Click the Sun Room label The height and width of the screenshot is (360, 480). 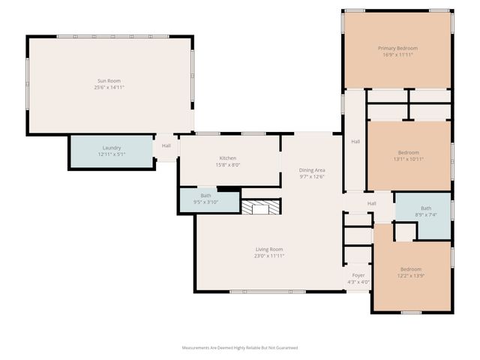click(109, 80)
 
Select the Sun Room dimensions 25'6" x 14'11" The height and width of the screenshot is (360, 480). click(109, 88)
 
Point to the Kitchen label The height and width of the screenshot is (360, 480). click(228, 158)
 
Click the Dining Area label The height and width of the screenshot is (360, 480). click(312, 170)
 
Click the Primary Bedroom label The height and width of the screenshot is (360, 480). click(397, 48)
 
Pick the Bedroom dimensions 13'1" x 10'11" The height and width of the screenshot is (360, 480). click(409, 159)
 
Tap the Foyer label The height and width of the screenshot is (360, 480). click(358, 274)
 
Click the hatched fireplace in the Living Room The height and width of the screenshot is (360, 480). click(260, 208)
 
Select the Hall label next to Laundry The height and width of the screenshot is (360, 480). click(166, 146)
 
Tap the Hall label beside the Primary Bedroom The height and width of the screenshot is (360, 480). click(355, 142)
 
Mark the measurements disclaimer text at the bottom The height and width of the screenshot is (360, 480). click(240, 348)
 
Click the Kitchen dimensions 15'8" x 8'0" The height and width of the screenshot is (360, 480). click(228, 165)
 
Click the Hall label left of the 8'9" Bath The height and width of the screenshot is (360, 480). click(371, 203)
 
